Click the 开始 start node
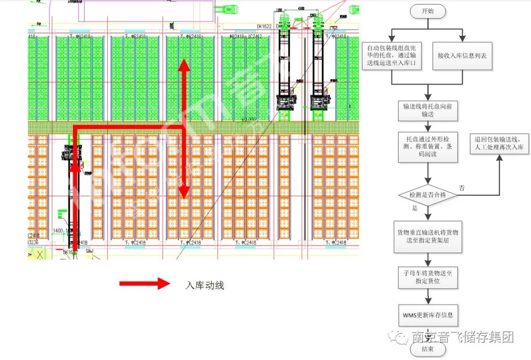(x=428, y=11)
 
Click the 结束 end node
(x=428, y=349)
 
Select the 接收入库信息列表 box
(x=462, y=56)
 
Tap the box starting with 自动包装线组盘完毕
(x=392, y=56)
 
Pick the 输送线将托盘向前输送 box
(x=428, y=111)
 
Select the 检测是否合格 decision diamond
(x=428, y=195)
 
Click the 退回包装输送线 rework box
(x=500, y=144)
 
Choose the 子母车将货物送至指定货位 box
(x=428, y=277)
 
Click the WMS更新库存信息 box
(x=428, y=314)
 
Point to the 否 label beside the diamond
(x=462, y=187)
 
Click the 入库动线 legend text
(x=205, y=285)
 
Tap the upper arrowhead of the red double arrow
(x=184, y=64)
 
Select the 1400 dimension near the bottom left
(x=58, y=230)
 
